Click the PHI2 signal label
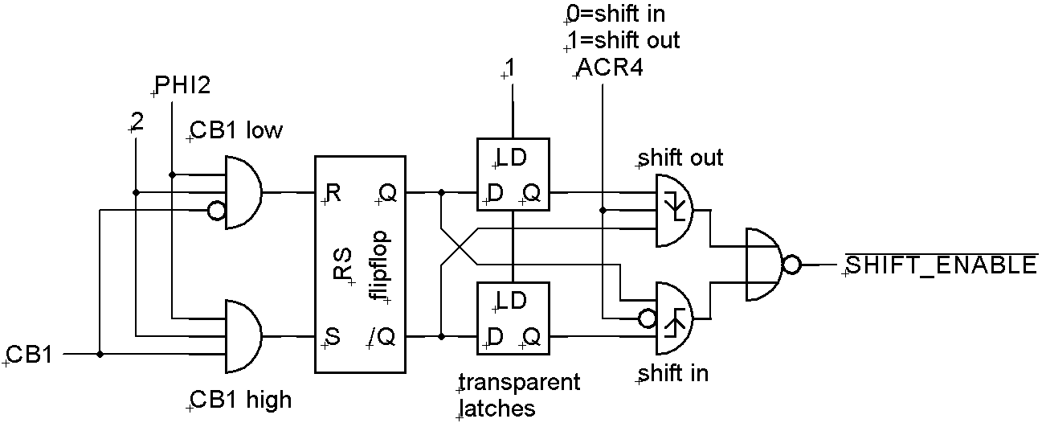[x=182, y=86]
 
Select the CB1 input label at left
[x=29, y=354]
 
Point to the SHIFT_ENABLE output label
[x=941, y=265]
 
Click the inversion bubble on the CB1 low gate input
[x=215, y=211]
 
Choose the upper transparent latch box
[x=513, y=175]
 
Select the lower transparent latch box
[x=513, y=318]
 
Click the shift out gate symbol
[x=676, y=211]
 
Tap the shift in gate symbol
[x=676, y=318]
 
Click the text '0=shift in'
[x=615, y=14]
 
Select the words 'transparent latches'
[x=517, y=394]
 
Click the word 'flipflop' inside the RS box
[x=381, y=265]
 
